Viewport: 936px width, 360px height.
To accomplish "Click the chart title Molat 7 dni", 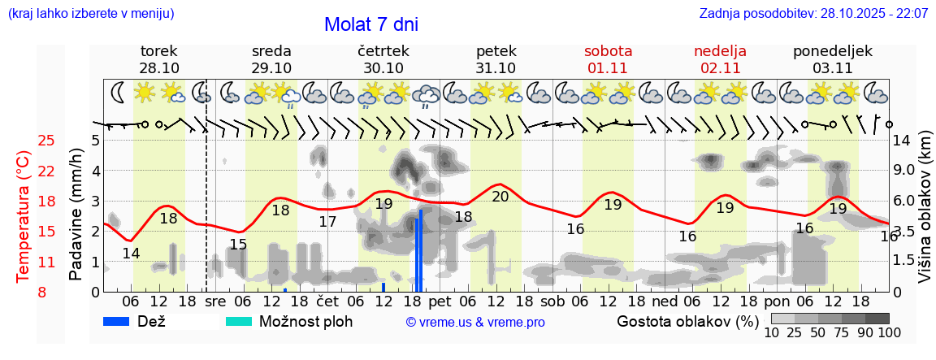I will click(371, 24).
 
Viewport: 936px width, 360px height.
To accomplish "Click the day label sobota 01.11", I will click(608, 59).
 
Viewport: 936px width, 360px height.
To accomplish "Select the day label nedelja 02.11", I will click(720, 59).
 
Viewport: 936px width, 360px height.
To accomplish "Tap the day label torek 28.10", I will click(159, 59).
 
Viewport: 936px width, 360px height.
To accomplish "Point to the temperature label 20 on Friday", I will click(500, 197).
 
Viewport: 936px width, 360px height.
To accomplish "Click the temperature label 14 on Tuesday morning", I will click(131, 254).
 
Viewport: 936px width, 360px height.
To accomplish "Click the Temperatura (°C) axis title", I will click(25, 216).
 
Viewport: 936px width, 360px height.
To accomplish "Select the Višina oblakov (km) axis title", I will click(925, 216).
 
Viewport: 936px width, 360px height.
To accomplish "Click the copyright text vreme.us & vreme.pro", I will click(475, 322).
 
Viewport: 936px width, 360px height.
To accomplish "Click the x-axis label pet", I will click(440, 301).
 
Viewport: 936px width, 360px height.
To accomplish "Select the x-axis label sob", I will click(552, 301).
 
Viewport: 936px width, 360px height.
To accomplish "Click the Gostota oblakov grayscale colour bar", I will click(830, 319).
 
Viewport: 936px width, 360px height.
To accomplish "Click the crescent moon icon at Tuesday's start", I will click(118, 92).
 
